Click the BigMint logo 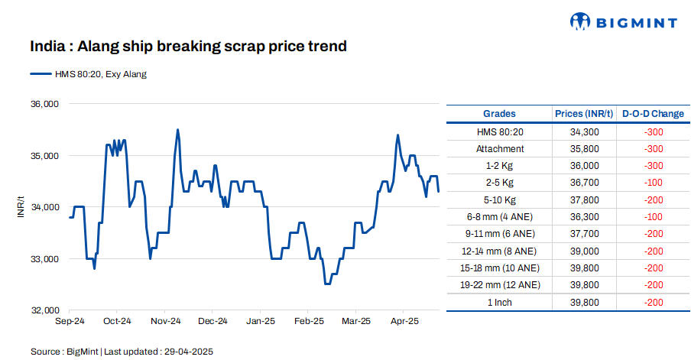tap(624, 22)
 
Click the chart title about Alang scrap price tap(188, 47)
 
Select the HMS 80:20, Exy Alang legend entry tap(89, 74)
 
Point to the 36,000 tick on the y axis tap(44, 104)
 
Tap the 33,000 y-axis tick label tap(44, 259)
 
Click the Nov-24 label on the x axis tap(165, 322)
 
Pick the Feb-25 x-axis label tap(309, 322)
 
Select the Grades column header tap(499, 114)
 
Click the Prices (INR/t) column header tap(584, 114)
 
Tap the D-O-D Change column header tap(653, 114)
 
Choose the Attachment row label tap(500, 148)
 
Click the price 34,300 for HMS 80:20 tap(584, 131)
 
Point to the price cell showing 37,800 tap(584, 199)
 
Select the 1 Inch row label tap(500, 302)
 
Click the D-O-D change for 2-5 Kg tap(653, 183)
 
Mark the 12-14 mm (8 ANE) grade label tap(500, 251)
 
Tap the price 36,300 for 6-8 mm tap(584, 217)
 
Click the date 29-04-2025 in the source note tap(187, 352)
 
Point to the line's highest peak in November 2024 tap(178, 130)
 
